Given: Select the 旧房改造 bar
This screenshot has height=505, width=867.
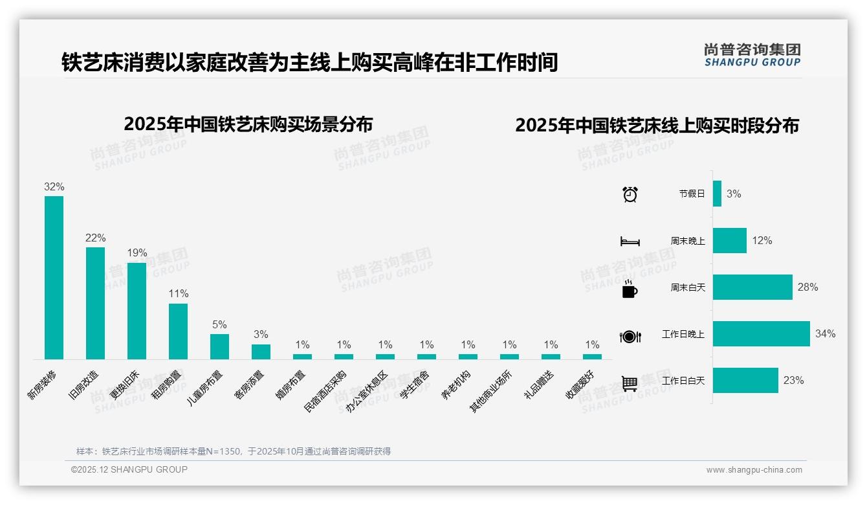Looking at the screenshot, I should (95, 303).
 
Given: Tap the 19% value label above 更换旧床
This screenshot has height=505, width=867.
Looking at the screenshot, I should (137, 252).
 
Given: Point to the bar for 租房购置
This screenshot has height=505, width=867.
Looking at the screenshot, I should (178, 331).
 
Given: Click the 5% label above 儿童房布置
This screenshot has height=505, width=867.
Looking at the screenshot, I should (219, 324).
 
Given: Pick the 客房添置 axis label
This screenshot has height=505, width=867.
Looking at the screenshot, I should (249, 385).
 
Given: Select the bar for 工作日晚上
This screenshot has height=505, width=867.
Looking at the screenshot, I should (761, 334).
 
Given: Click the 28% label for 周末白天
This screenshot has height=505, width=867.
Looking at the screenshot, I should (807, 287).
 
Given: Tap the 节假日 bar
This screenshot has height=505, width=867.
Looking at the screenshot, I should (717, 194).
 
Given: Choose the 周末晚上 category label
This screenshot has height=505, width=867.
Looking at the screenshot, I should (687, 241).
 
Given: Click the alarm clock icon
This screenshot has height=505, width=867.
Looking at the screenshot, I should (630, 194).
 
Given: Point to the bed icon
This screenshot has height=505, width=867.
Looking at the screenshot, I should (630, 241).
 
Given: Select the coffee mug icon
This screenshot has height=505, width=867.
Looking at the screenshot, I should (630, 289).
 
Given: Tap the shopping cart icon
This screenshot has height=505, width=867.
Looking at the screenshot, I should (630, 383).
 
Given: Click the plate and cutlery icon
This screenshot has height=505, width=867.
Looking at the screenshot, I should (630, 336).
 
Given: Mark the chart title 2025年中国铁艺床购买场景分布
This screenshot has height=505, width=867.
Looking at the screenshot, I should (248, 124).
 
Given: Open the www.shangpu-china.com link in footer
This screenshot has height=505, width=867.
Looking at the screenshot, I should (754, 470).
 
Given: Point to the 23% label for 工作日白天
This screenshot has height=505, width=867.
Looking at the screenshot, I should (793, 381).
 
